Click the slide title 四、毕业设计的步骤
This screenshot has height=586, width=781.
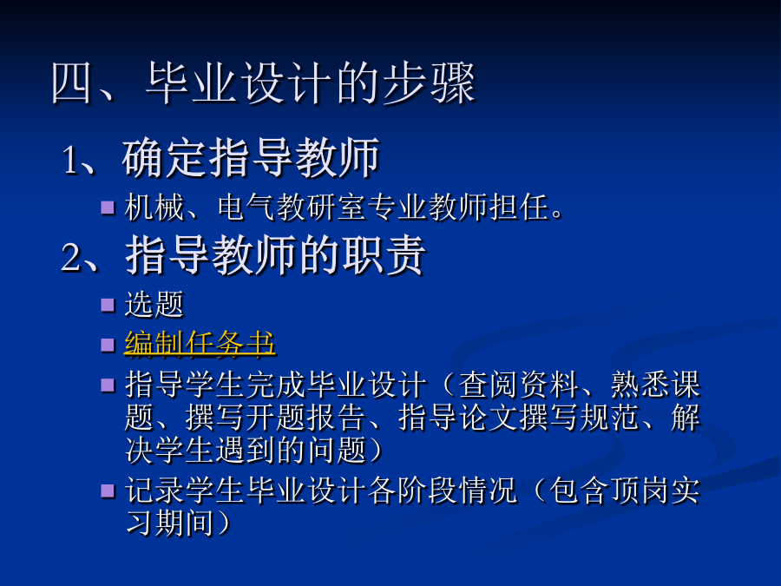pos(264,83)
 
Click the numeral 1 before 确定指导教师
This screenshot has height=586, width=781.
pos(70,160)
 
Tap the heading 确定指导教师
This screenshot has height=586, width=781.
pos(251,158)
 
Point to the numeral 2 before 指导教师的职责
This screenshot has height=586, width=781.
pos(70,257)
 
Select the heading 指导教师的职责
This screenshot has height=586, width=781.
pos(275,255)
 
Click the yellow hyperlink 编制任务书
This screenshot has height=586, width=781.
pos(200,344)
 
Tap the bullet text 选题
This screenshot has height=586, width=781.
pos(154,304)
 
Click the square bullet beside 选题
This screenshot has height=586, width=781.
pos(108,305)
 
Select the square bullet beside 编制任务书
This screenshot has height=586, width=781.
pos(108,345)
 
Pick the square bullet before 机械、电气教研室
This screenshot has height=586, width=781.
pos(108,207)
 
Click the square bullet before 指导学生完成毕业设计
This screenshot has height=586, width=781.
pos(108,385)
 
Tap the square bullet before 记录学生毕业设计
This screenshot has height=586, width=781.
pos(108,491)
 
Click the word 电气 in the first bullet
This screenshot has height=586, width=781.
pos(247,207)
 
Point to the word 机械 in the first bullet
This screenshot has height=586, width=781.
pos(154,207)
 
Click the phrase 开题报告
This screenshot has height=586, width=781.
pos(305,418)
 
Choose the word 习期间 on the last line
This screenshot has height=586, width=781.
pos(169,523)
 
